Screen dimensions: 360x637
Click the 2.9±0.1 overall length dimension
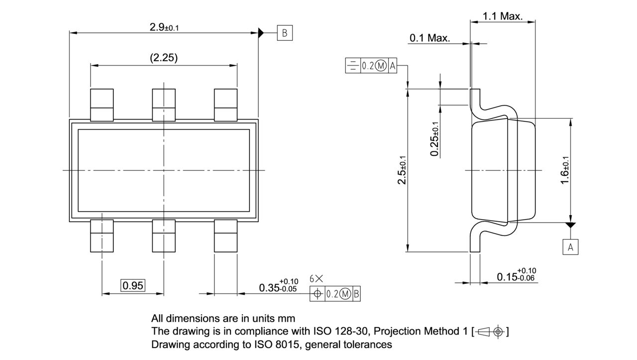tap(164, 27)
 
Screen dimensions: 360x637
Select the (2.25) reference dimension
tap(164, 58)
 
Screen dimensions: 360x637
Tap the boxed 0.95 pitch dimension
tap(133, 285)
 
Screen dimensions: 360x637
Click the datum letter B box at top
tap(285, 33)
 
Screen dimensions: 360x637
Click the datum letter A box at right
tap(570, 246)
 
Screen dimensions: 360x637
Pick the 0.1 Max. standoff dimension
tap(429, 38)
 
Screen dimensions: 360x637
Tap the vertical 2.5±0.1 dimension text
tap(402, 169)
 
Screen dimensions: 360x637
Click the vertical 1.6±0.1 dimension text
tap(565, 170)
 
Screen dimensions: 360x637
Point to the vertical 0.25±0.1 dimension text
tap(435, 139)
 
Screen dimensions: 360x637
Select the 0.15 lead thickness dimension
tap(516, 275)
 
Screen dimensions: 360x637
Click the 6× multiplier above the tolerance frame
tap(316, 279)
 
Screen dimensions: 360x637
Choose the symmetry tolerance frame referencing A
tap(371, 66)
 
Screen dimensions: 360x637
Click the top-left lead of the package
tap(102, 104)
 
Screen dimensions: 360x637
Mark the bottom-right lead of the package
tap(225, 236)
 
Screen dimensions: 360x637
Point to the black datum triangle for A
tap(570, 226)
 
